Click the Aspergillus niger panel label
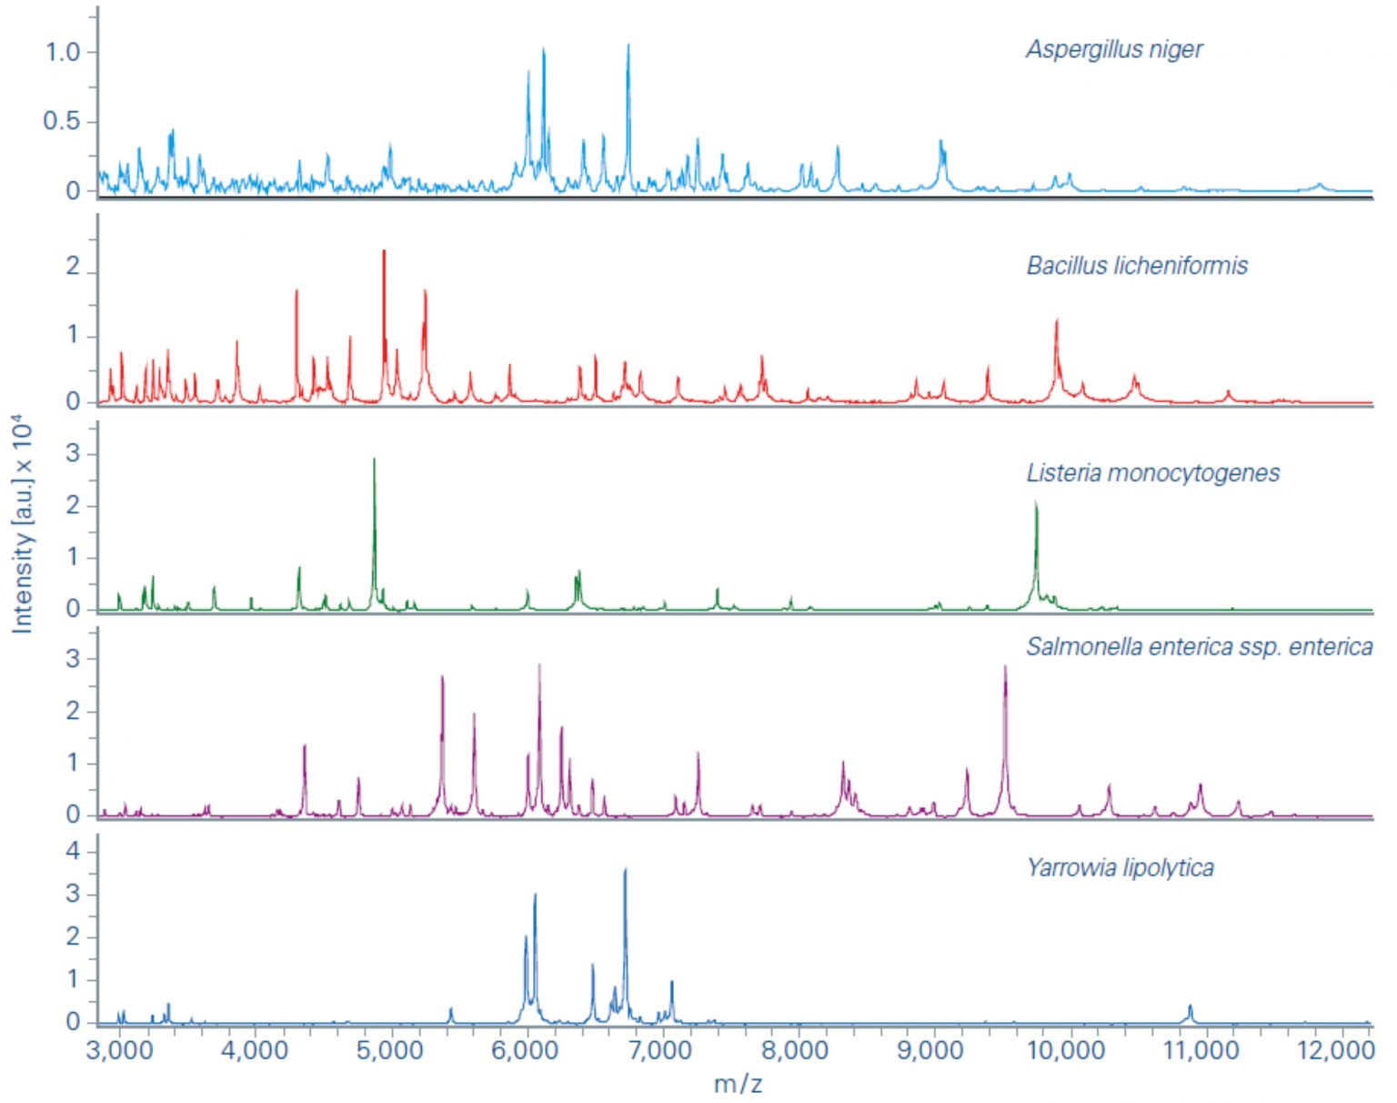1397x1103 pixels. click(1113, 49)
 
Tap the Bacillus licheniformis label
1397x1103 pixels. click(1137, 266)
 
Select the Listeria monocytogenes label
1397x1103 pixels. click(1152, 473)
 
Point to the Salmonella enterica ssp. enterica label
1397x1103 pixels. click(1199, 647)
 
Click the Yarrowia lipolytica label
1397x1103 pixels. click(1120, 867)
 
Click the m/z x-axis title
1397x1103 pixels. click(738, 1083)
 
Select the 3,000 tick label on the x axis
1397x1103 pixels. click(119, 1050)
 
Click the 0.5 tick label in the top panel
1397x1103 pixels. click(62, 121)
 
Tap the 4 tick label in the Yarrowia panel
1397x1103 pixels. click(73, 852)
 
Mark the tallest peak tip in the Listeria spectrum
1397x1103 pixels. click(374, 460)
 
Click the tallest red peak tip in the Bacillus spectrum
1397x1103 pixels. click(384, 251)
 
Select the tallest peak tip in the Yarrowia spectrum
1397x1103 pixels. click(625, 870)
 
